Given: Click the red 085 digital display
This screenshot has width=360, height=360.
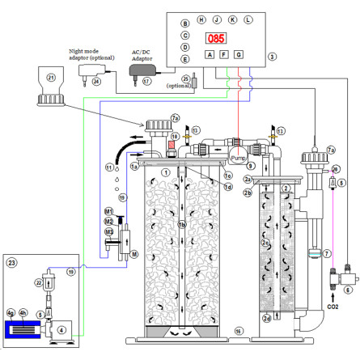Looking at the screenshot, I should (x=215, y=38).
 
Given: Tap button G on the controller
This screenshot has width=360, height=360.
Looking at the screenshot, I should (x=238, y=55).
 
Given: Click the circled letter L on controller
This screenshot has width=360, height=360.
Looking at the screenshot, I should (x=248, y=18).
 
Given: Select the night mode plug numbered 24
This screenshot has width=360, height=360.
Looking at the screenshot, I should (x=87, y=74).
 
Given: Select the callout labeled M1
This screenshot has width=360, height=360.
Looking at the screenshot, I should (x=108, y=211).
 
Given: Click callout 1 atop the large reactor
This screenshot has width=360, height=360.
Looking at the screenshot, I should (x=165, y=172).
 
